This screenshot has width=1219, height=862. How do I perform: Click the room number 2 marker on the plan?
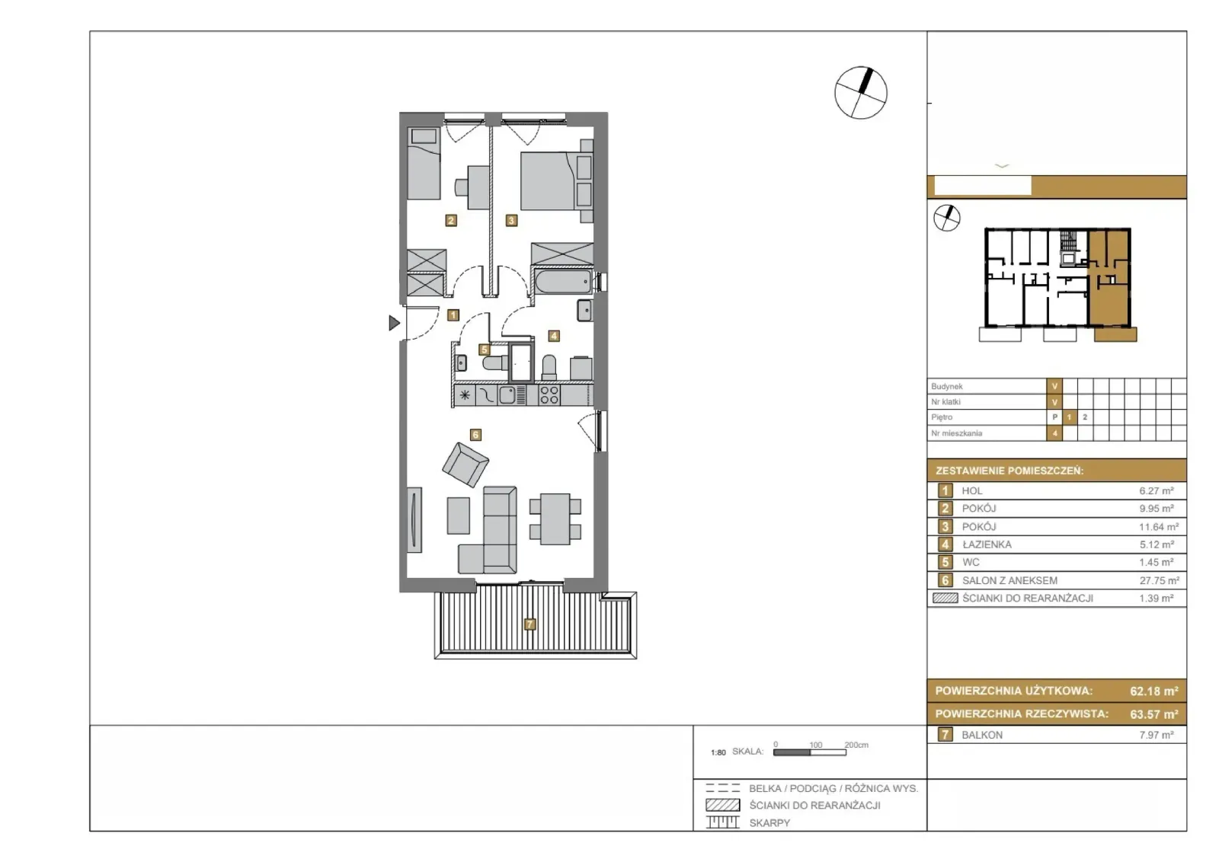(450, 220)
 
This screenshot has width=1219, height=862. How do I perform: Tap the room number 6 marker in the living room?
(475, 435)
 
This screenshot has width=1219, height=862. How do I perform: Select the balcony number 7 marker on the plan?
(530, 624)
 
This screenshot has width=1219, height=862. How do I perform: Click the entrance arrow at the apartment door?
(394, 323)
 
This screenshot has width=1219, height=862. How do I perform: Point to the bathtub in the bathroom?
(563, 283)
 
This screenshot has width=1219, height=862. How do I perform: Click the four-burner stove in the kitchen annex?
(549, 395)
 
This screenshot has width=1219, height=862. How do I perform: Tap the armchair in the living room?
(466, 464)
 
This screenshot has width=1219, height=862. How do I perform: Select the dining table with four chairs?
(555, 519)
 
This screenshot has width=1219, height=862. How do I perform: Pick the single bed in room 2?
(424, 163)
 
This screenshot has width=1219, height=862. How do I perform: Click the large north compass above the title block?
(861, 92)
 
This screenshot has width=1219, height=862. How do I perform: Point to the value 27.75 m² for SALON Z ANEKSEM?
(1159, 580)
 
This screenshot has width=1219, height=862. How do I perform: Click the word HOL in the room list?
(972, 490)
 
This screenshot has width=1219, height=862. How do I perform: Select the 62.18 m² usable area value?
(1153, 691)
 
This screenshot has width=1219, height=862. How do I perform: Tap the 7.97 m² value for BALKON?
(1157, 735)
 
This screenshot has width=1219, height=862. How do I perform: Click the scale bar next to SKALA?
(810, 752)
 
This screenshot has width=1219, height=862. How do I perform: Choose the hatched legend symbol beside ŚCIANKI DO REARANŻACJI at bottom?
(723, 805)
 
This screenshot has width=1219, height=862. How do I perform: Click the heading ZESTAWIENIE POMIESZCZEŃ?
(1009, 471)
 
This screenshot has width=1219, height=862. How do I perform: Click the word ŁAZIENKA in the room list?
(987, 544)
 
